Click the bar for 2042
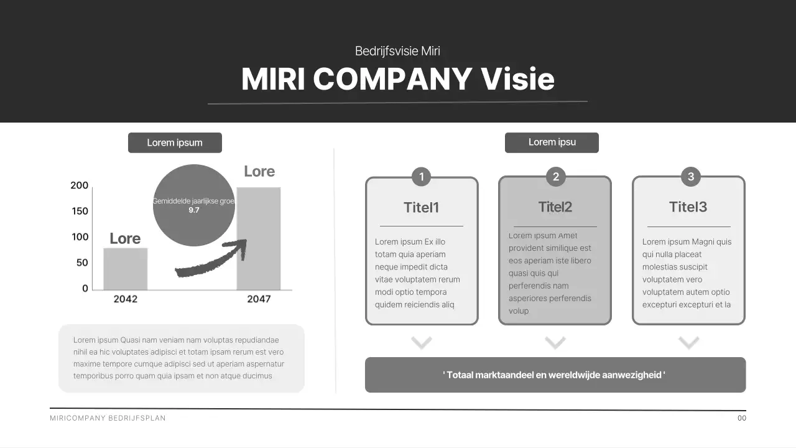tap(125, 269)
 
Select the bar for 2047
tap(259, 238)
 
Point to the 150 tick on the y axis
tap(80, 211)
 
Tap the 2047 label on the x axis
tap(259, 299)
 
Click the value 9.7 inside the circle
tap(194, 210)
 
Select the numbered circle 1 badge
tap(422, 177)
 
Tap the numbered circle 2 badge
tap(555, 177)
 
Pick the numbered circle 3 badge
tap(690, 177)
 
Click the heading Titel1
tap(422, 207)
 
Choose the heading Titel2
tap(555, 207)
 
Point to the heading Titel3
tap(688, 207)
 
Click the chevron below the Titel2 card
tap(555, 342)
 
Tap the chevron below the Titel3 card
tap(689, 342)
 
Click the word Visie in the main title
tap(517, 79)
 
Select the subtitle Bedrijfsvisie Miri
tap(397, 51)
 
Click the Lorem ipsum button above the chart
tap(175, 142)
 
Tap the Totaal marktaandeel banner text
tap(554, 375)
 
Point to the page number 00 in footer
tap(742, 418)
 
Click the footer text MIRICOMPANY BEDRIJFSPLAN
tap(108, 418)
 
